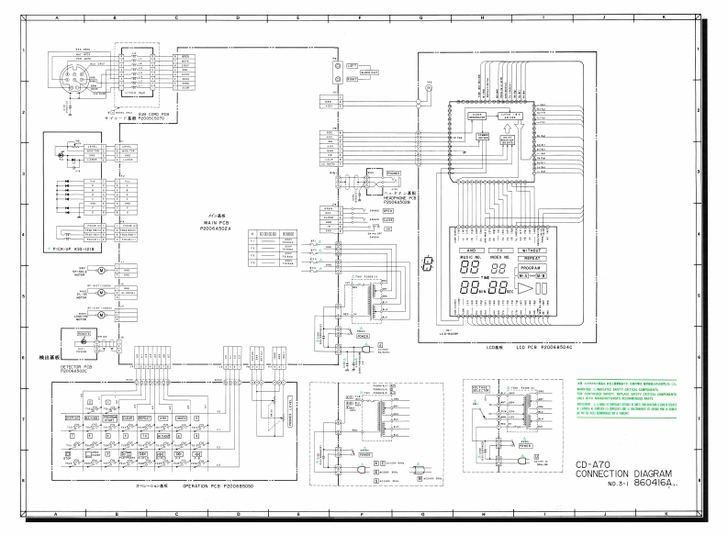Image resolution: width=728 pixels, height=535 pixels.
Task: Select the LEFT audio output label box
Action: coord(352,66)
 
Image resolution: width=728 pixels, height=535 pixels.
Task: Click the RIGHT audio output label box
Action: coord(352,80)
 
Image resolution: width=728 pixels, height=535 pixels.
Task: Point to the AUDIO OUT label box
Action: coord(369,72)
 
